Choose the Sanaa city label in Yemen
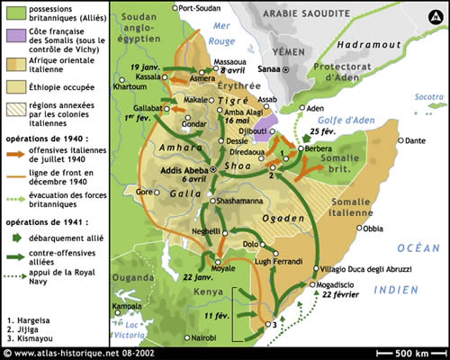(x=267, y=68)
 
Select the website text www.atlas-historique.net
(x=63, y=353)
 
